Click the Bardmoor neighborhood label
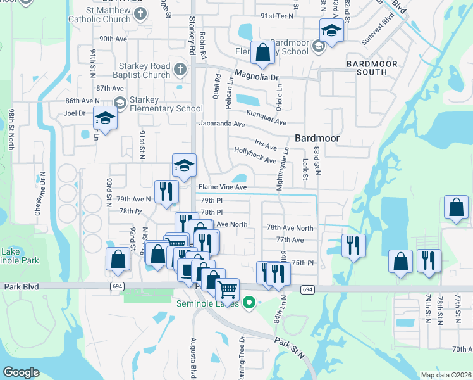(317, 138)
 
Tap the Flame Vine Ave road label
(223, 187)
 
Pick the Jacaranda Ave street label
(222, 124)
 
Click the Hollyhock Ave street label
(255, 156)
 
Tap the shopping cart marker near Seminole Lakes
(227, 290)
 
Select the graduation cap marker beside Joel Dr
(106, 118)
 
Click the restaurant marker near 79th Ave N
(165, 191)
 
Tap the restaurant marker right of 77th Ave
(353, 244)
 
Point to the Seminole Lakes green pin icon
(249, 303)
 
